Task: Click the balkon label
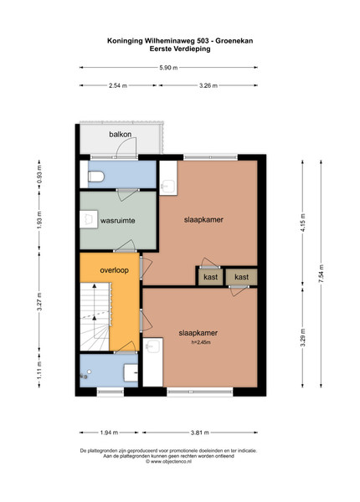pyautogui.click(x=120, y=135)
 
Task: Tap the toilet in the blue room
pyautogui.click(x=95, y=177)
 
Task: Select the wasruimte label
pyautogui.click(x=117, y=221)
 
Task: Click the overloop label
pyautogui.click(x=114, y=270)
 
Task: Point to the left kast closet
pyautogui.click(x=210, y=277)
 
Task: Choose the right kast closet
pyautogui.click(x=241, y=277)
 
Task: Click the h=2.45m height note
pyautogui.click(x=201, y=342)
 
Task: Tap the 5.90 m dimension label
pyautogui.click(x=168, y=68)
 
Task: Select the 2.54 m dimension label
pyautogui.click(x=118, y=85)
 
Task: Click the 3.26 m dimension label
pyautogui.click(x=208, y=85)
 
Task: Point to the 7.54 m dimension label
pyautogui.click(x=321, y=273)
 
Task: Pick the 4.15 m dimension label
pyautogui.click(x=303, y=223)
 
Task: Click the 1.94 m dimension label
pyautogui.click(x=109, y=433)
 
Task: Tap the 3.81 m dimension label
pyautogui.click(x=200, y=433)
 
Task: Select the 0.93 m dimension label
pyautogui.click(x=39, y=175)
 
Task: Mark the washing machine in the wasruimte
pyautogui.click(x=89, y=219)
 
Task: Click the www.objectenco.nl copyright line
pyautogui.click(x=168, y=461)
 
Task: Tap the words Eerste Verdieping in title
pyautogui.click(x=180, y=49)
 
